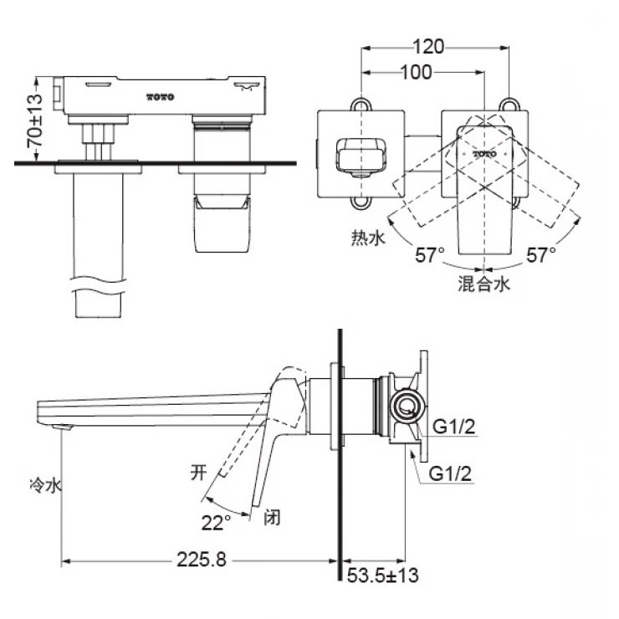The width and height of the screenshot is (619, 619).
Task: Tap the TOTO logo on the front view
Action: pos(161,97)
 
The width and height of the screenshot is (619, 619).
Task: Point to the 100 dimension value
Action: pos(416,73)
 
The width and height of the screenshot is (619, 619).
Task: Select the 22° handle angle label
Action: pos(216,522)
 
